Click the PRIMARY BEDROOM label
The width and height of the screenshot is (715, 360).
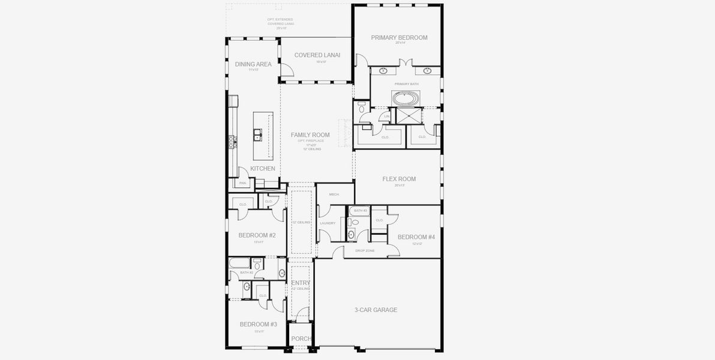pyautogui.click(x=399, y=37)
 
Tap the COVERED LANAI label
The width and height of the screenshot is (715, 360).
pyautogui.click(x=317, y=55)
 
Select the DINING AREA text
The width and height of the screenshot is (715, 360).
pyautogui.click(x=253, y=64)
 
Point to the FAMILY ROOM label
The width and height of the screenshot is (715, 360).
pyautogui.click(x=310, y=135)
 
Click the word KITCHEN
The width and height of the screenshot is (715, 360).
pyautogui.click(x=263, y=169)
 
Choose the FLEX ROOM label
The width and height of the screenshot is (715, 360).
pyautogui.click(x=399, y=179)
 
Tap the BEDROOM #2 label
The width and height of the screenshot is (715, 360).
pyautogui.click(x=257, y=235)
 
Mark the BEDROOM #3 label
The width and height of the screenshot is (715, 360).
pyautogui.click(x=258, y=325)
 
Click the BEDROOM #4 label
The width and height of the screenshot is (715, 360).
pyautogui.click(x=416, y=236)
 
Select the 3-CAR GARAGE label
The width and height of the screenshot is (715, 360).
pyautogui.click(x=375, y=310)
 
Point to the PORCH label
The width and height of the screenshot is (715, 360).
pyautogui.click(x=301, y=339)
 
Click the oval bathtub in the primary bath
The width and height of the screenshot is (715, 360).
pyautogui.click(x=407, y=97)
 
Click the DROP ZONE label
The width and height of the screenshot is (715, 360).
pyautogui.click(x=365, y=251)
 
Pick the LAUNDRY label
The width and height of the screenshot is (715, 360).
pyautogui.click(x=328, y=223)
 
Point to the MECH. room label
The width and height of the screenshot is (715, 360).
pyautogui.click(x=335, y=194)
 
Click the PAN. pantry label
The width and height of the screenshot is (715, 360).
pyautogui.click(x=243, y=183)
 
